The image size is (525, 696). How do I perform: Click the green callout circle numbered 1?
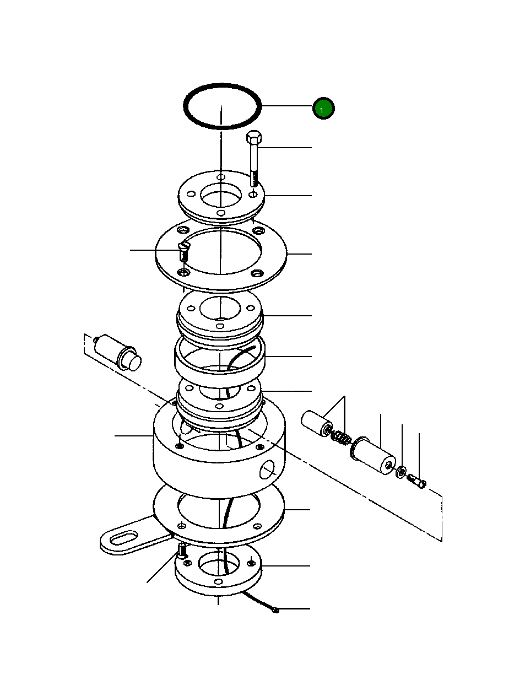point(323,109)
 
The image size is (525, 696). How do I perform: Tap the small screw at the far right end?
point(418,483)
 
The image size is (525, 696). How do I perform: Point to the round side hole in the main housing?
point(267,470)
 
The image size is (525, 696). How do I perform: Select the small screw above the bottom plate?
point(182,550)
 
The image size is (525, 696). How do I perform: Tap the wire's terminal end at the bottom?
point(275,609)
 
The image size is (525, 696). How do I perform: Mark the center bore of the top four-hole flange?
point(220,196)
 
